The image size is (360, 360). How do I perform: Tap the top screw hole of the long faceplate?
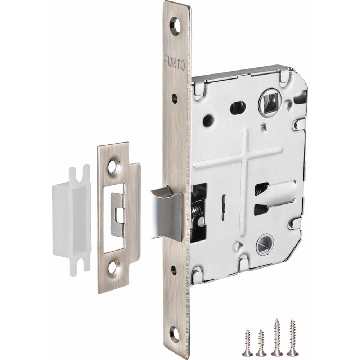175,24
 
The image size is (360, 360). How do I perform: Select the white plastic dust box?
72,220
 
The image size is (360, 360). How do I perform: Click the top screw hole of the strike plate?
113,166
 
